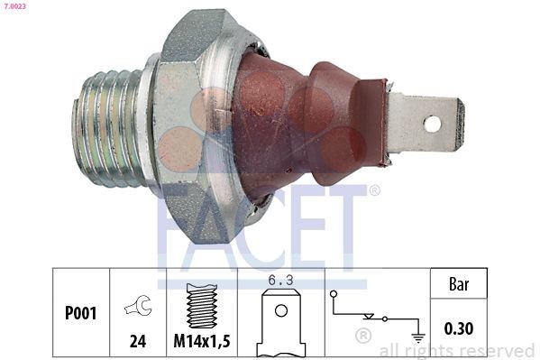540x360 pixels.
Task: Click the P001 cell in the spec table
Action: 80,315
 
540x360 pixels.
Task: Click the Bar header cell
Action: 458,283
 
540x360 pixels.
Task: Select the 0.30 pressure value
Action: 458,328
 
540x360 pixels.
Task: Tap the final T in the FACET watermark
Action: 349,221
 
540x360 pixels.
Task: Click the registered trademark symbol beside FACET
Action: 374,190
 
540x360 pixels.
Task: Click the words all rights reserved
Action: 456,350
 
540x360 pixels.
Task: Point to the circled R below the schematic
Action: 363,337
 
